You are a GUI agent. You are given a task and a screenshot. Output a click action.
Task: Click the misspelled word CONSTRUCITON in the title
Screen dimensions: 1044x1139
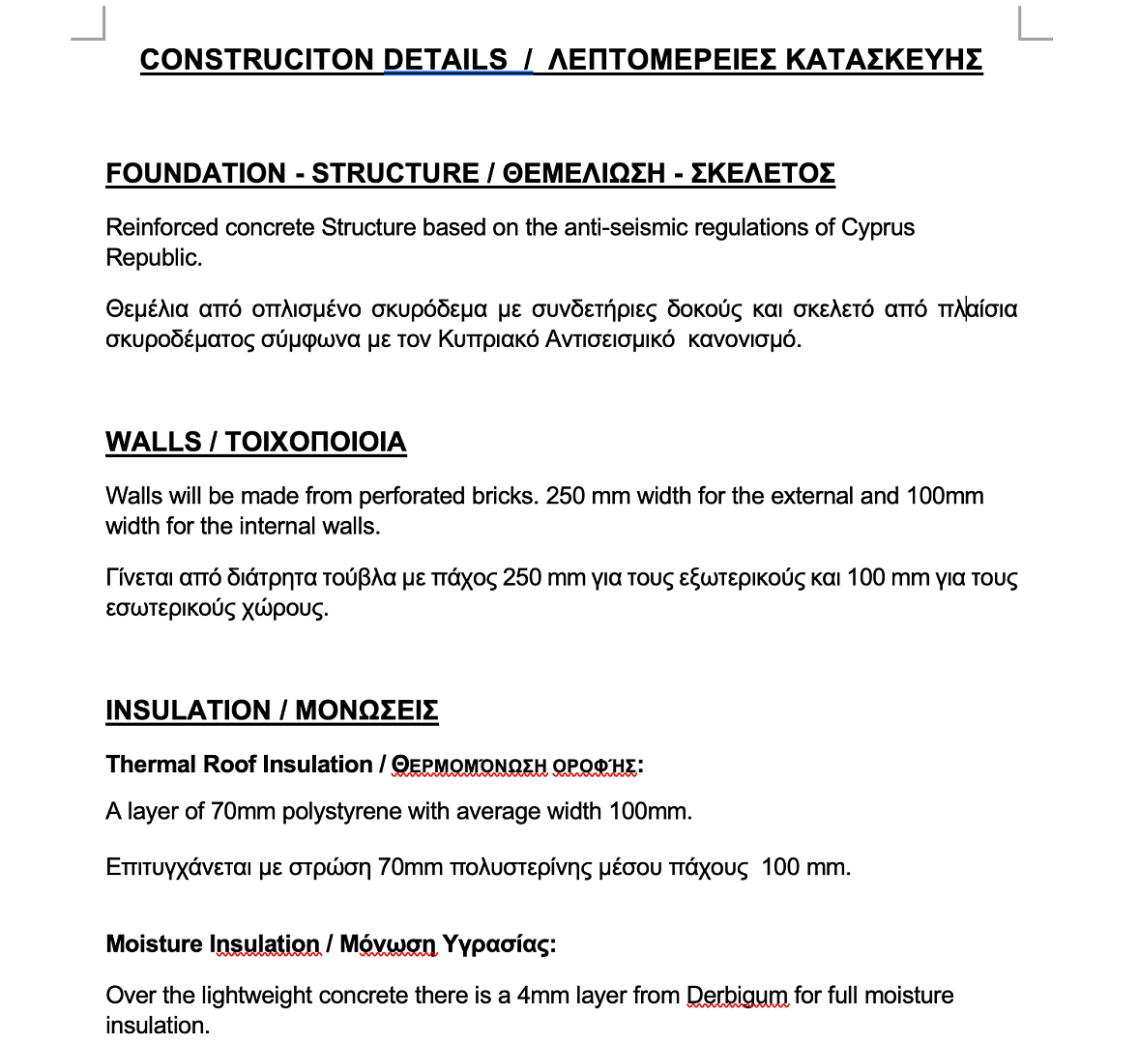point(257,60)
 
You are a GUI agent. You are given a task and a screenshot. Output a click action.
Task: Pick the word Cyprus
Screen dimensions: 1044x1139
point(878,228)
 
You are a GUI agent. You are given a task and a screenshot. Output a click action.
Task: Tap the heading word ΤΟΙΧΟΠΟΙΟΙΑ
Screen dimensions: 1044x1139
point(316,443)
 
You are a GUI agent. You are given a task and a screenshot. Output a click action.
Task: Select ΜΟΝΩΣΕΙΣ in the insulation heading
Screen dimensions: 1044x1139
point(366,711)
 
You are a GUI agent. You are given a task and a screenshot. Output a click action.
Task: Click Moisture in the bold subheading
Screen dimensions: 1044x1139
point(155,944)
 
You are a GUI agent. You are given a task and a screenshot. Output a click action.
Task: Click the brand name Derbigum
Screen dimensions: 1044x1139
point(738,996)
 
